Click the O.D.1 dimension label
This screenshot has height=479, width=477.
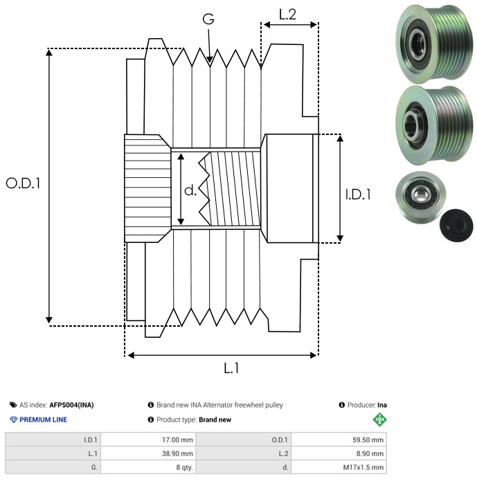pos(23,183)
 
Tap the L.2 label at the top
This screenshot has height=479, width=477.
pos(287,14)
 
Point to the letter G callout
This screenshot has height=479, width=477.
pos(208,21)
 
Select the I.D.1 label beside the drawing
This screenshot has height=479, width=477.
pos(358,195)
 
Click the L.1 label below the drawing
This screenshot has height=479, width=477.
pos(231,368)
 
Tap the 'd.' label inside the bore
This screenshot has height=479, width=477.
pos(190,190)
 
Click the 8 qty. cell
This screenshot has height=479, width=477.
pos(183,467)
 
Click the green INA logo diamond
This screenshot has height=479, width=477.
pos(379,419)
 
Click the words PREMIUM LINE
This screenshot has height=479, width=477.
pos(44,419)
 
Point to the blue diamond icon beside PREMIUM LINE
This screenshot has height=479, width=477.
pos(13,419)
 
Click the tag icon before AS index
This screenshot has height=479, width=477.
pos(13,405)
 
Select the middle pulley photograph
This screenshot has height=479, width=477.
pos(433,125)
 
